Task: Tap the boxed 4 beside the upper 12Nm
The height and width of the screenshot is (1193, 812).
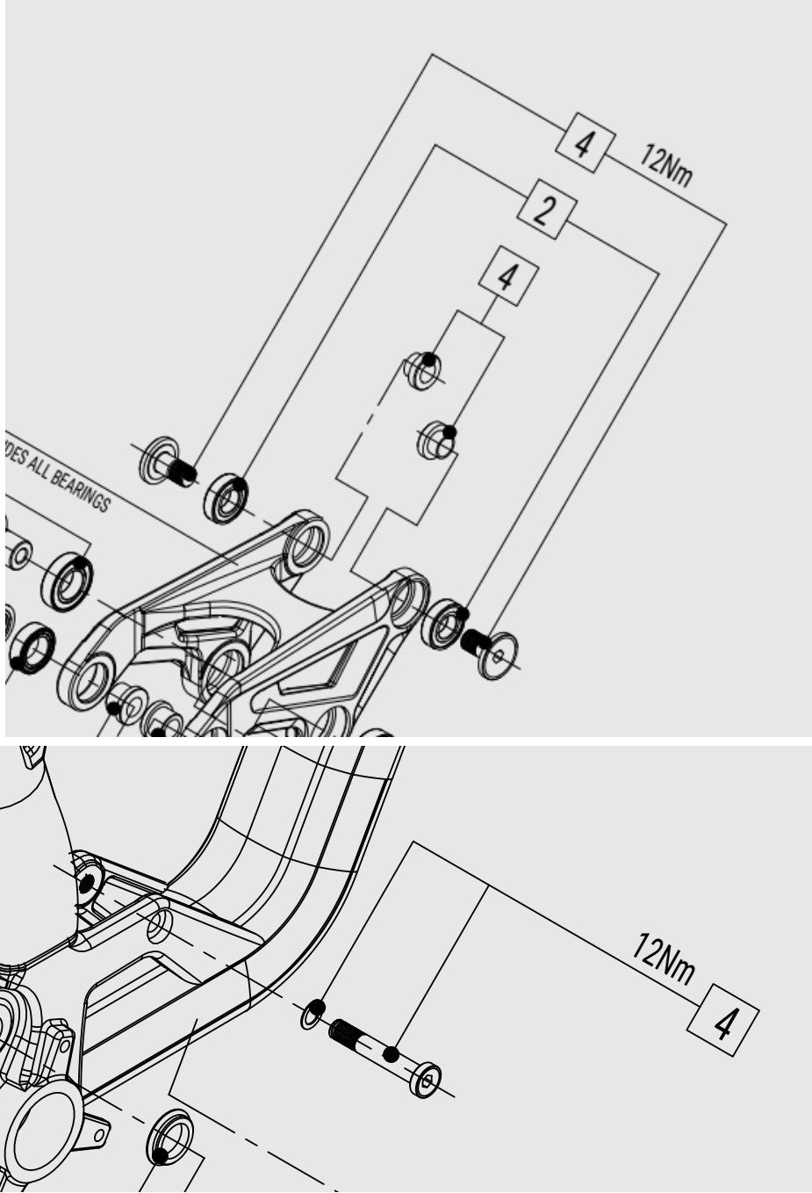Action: (x=582, y=142)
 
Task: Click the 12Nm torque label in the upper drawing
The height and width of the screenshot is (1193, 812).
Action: (x=665, y=165)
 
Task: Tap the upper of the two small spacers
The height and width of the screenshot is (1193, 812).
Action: (x=423, y=370)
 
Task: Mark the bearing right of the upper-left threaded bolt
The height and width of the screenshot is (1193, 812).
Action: (x=226, y=498)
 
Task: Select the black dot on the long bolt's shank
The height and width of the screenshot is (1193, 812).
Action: (x=392, y=1053)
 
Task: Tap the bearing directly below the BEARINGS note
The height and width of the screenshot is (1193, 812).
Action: (x=68, y=581)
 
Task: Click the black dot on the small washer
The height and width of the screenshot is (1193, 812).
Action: (x=318, y=1006)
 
